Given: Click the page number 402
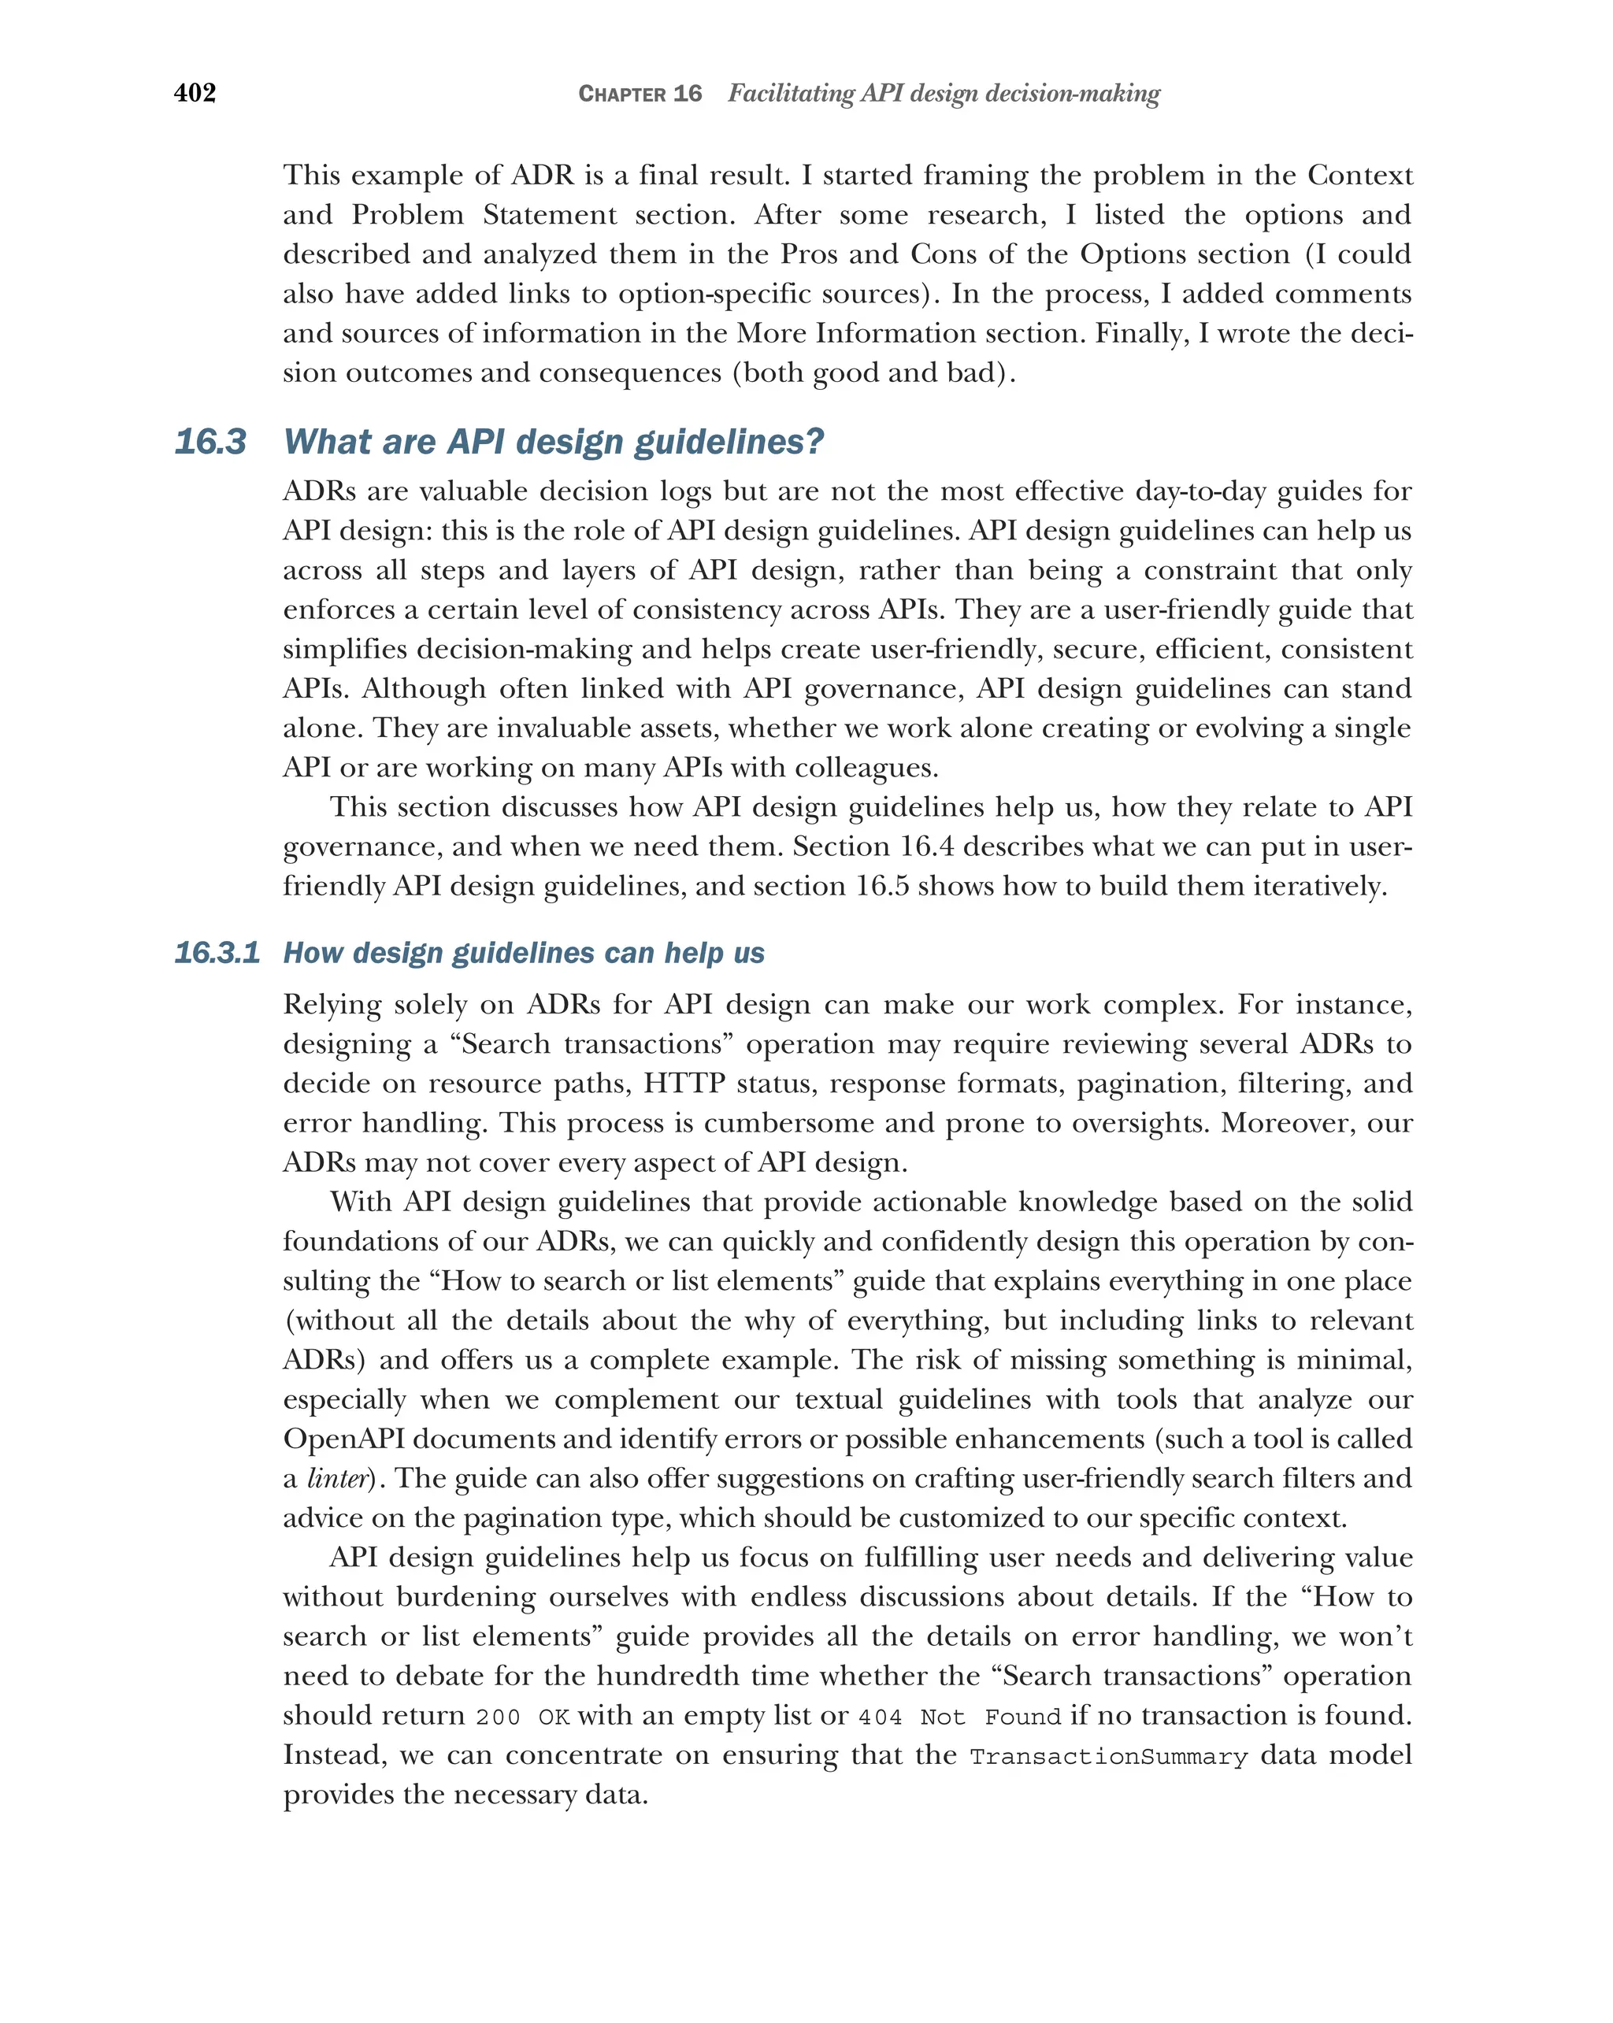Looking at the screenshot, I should click(x=195, y=93).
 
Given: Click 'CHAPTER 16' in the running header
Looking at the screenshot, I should click(x=640, y=94).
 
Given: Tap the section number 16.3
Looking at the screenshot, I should click(x=210, y=442).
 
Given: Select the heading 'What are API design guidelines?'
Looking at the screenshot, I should click(x=553, y=442).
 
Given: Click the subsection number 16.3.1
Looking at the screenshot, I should click(x=217, y=954).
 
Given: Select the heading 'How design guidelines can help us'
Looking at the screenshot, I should click(x=524, y=954).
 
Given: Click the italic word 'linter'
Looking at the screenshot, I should click(x=336, y=1480).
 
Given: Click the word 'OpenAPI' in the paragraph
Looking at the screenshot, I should click(x=343, y=1439).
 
